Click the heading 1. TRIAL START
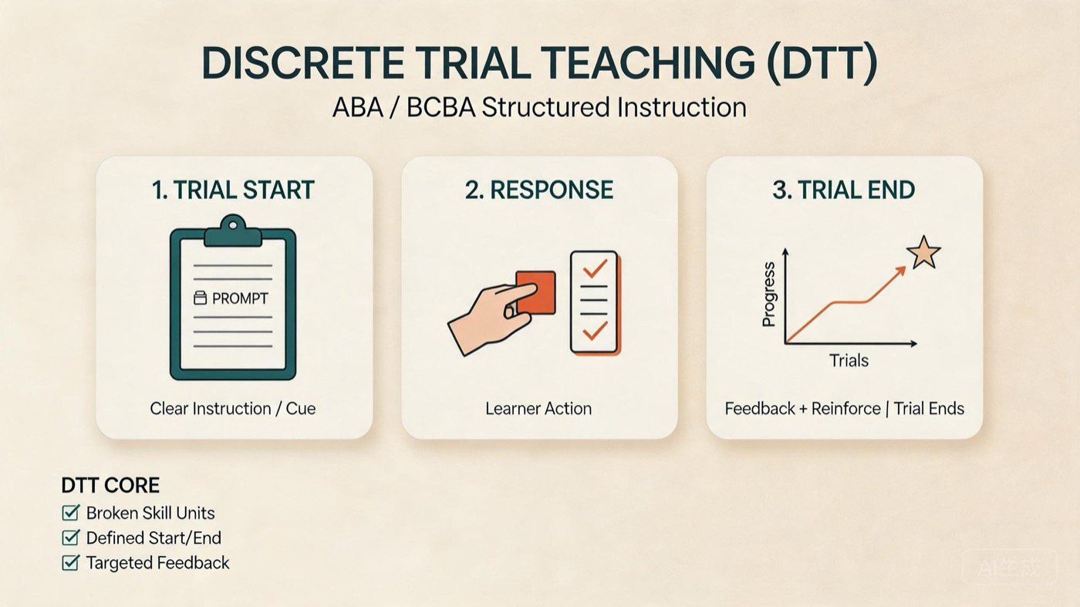(x=233, y=190)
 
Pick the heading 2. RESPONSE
(x=539, y=190)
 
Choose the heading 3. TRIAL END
(x=844, y=190)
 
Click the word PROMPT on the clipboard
(x=240, y=298)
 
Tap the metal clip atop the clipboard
(x=233, y=231)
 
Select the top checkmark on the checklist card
(x=595, y=268)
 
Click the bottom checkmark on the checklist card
(x=595, y=331)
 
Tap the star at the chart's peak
(x=923, y=253)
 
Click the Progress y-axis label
(x=768, y=295)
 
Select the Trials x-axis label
(x=849, y=361)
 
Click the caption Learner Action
(x=538, y=409)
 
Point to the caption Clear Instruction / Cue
(x=233, y=409)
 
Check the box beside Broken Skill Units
(x=71, y=512)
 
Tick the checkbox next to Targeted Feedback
(x=71, y=562)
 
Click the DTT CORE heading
(x=110, y=485)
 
